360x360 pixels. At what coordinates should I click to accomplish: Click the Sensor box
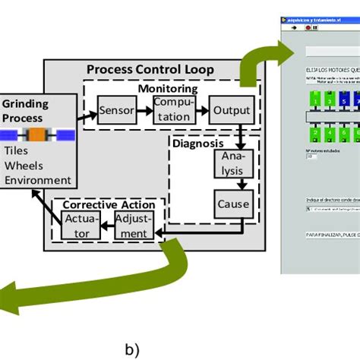coord(116,112)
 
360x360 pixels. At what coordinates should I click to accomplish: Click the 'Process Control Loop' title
coord(150,70)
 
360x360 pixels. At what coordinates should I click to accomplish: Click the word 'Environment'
coord(38,180)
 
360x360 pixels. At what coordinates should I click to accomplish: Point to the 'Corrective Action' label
coord(108,205)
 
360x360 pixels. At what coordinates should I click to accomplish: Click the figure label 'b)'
coord(131,349)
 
